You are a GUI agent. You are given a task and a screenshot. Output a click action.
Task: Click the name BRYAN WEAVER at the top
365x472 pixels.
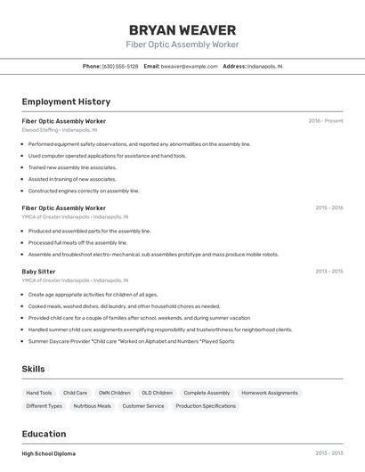(x=182, y=29)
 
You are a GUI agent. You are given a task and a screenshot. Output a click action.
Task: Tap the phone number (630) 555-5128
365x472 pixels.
(x=120, y=66)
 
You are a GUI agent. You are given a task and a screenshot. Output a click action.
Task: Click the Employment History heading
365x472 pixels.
(x=66, y=102)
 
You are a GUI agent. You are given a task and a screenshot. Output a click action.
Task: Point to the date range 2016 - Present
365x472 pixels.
(x=326, y=120)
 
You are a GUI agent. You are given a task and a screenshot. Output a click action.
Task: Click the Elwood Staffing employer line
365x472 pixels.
(x=65, y=130)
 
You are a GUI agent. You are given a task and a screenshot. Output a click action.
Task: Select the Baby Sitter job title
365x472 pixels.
(x=38, y=271)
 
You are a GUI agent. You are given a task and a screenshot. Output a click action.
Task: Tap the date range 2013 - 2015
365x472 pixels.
(x=328, y=271)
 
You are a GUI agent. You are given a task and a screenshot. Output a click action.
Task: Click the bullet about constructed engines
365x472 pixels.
(x=84, y=191)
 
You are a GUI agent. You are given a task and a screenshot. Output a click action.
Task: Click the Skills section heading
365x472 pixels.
(x=33, y=369)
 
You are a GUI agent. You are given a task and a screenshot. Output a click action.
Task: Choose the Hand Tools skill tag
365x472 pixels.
(x=39, y=393)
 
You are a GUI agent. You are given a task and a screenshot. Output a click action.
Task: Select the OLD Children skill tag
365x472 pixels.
(x=157, y=393)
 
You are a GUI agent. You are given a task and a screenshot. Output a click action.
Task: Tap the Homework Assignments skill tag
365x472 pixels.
(x=269, y=393)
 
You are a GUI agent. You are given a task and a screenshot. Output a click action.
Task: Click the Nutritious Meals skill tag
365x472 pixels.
(x=92, y=406)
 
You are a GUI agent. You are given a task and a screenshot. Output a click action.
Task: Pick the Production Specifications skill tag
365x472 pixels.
(x=206, y=406)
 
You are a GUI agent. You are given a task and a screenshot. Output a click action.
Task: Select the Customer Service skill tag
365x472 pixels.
(x=143, y=406)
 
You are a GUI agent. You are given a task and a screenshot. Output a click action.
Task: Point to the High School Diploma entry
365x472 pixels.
(x=49, y=453)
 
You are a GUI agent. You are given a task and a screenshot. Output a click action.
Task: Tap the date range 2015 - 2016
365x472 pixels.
(x=328, y=208)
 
